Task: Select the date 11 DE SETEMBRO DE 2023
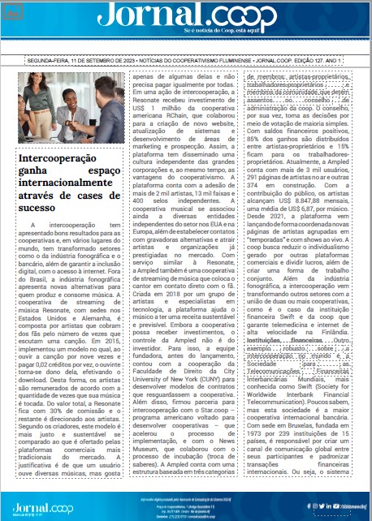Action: pos(98,62)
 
